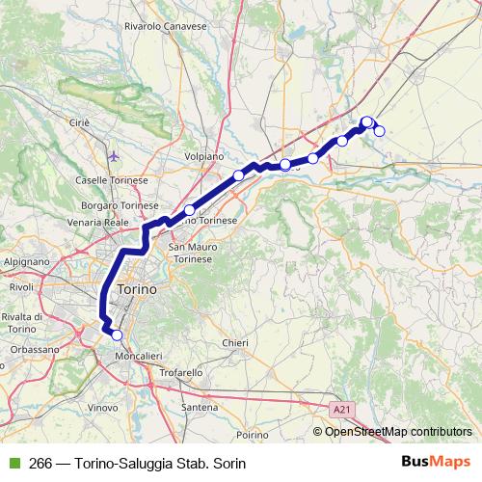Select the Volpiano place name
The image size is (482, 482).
(203, 156)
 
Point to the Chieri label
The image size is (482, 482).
(235, 343)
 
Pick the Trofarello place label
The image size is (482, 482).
(181, 372)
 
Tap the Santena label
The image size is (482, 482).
(200, 408)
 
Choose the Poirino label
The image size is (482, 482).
(252, 435)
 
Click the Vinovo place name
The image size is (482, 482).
(103, 408)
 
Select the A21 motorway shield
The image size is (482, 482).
(341, 410)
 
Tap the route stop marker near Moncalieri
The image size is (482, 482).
(117, 335)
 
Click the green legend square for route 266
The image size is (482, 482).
(13, 464)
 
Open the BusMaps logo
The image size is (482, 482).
(436, 463)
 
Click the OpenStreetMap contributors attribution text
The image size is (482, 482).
(397, 432)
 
